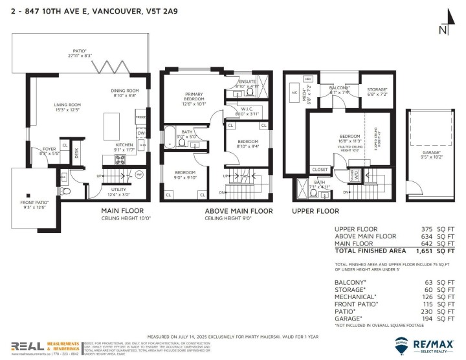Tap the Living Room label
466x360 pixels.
click(x=67, y=107)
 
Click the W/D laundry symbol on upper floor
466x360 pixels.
click(x=356, y=174)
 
